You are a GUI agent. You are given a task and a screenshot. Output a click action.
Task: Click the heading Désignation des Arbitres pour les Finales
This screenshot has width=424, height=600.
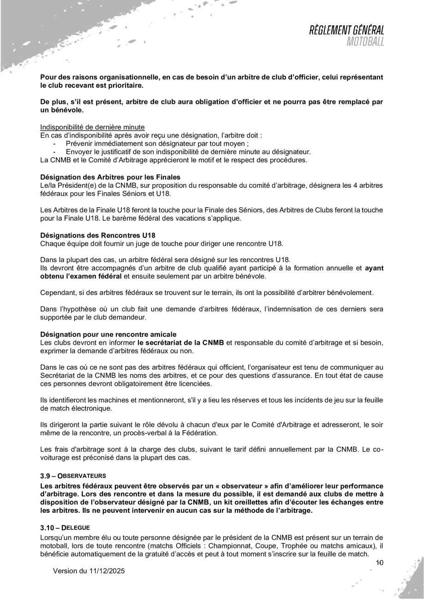pos(110,177)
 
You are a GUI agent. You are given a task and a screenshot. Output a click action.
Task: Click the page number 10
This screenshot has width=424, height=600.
pos(380,562)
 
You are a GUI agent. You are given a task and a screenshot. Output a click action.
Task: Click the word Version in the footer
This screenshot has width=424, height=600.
pos(67,571)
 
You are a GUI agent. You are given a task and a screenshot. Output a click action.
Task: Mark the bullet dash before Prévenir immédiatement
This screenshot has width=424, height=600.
pos(55,143)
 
